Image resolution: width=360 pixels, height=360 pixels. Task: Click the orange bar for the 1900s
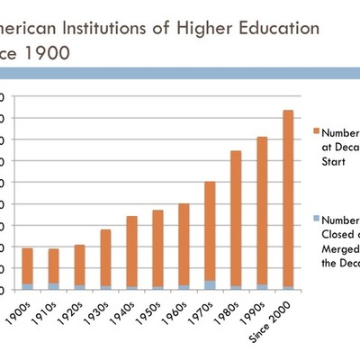tap(28, 265)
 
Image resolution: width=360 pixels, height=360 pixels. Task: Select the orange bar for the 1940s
tap(131, 251)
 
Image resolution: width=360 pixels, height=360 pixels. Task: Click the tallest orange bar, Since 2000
tap(287, 198)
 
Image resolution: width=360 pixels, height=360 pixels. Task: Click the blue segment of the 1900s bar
tap(28, 287)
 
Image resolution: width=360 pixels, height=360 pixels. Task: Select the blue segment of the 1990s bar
tap(262, 287)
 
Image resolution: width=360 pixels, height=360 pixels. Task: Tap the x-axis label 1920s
tap(72, 311)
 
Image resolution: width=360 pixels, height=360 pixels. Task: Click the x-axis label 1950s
tap(149, 311)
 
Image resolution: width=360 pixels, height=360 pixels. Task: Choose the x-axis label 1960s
tap(175, 311)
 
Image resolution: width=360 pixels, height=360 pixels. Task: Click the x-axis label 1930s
tap(98, 311)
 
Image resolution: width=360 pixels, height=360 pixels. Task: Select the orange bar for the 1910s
tap(54, 266)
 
